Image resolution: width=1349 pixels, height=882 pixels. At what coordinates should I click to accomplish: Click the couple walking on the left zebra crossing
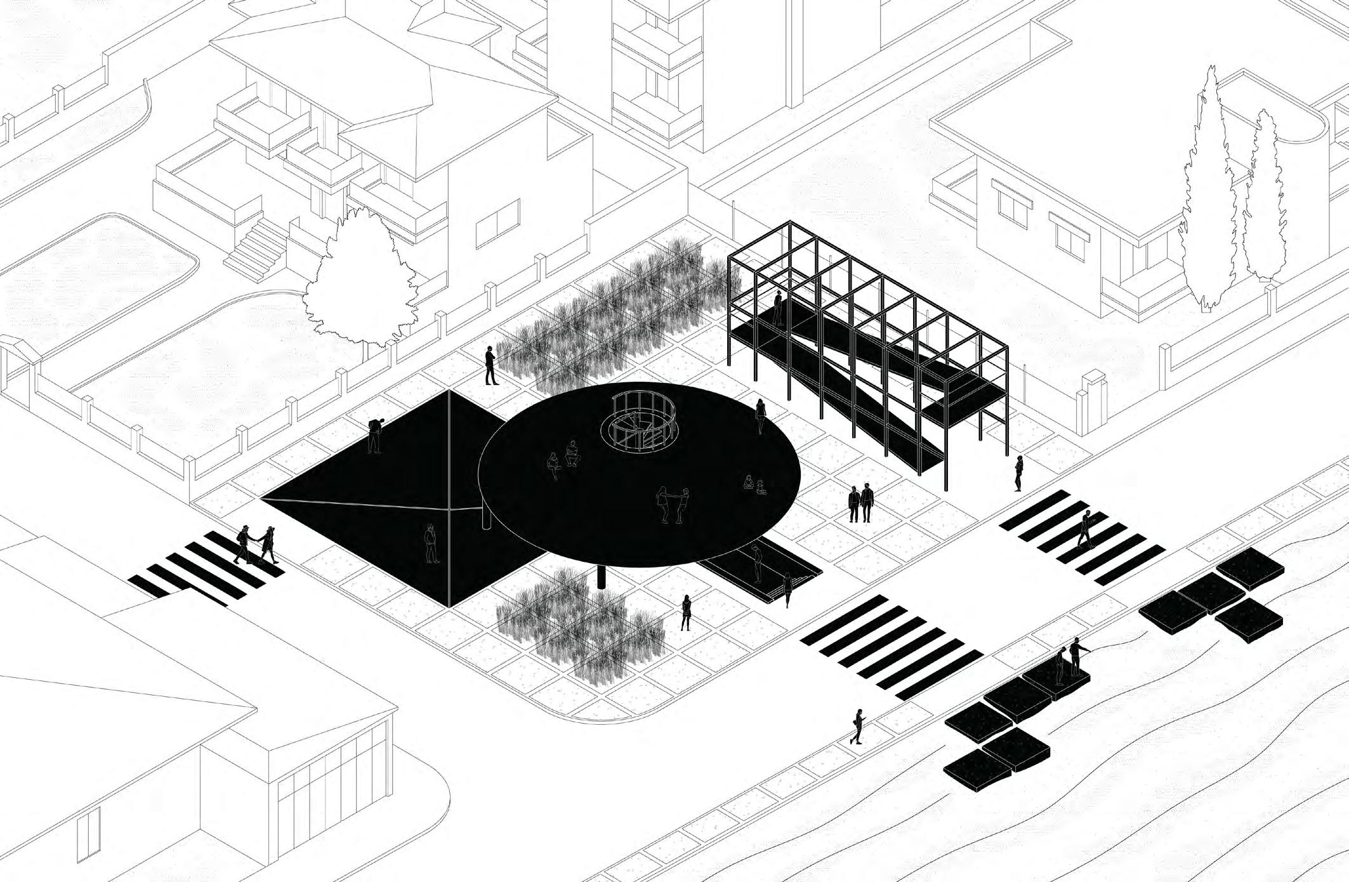click(256, 545)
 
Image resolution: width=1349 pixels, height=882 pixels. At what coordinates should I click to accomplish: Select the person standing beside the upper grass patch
click(490, 366)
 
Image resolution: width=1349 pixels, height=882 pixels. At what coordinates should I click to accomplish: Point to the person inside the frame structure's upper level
click(778, 307)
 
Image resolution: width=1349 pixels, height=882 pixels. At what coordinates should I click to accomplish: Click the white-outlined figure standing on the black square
click(431, 543)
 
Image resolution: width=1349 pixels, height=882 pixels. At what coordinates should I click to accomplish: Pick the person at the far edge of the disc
click(760, 416)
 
